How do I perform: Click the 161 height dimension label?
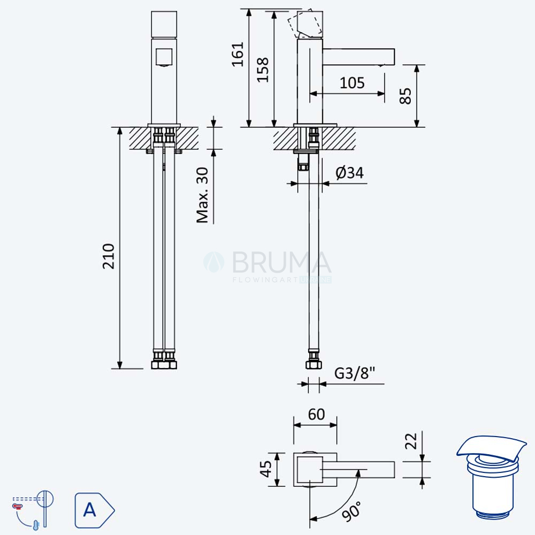[x=238, y=54]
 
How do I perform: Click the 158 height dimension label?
[x=263, y=70]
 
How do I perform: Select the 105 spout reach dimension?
[x=352, y=83]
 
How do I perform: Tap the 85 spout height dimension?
[x=406, y=96]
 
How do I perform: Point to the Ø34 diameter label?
[x=350, y=173]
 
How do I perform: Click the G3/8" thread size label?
[x=355, y=373]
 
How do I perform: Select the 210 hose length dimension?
[x=109, y=256]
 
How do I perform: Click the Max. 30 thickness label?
[x=202, y=195]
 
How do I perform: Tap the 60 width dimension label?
[x=316, y=415]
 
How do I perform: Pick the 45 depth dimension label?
[x=266, y=469]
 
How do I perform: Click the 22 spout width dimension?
[x=411, y=441]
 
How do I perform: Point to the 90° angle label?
[x=351, y=511]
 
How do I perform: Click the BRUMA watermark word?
[x=282, y=262]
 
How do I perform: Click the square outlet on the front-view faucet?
[x=164, y=57]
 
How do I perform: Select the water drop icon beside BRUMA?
[x=214, y=262]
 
